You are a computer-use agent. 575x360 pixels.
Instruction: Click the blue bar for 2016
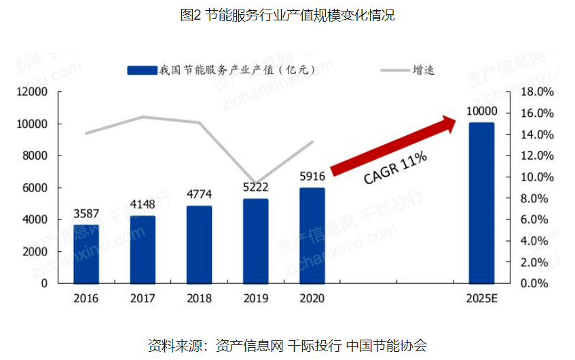[86, 253]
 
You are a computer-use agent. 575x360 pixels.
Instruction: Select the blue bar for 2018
[199, 244]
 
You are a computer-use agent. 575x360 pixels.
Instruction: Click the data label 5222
[255, 187]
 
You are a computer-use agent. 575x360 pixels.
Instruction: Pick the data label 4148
[143, 203]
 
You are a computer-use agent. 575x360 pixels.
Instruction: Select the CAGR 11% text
[395, 168]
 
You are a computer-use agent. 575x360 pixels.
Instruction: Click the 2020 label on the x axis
[312, 299]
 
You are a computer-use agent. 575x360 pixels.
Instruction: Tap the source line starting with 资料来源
[287, 344]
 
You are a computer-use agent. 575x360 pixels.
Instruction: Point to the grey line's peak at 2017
[143, 117]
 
